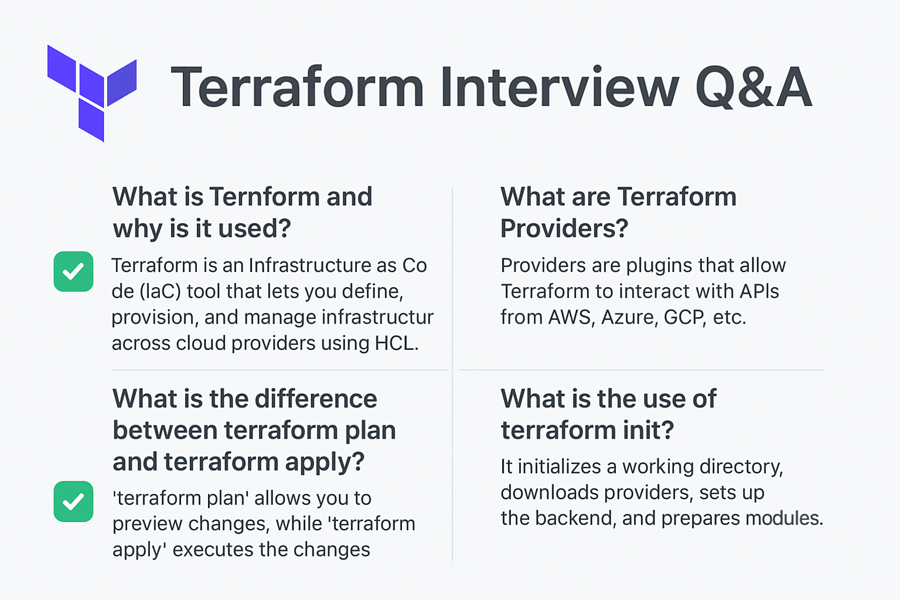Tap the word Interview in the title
tap(559, 88)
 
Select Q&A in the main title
tap(754, 88)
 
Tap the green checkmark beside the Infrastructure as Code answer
tap(73, 271)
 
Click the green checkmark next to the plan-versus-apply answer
tap(73, 502)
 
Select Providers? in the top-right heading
tap(564, 229)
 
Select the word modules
tap(784, 518)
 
